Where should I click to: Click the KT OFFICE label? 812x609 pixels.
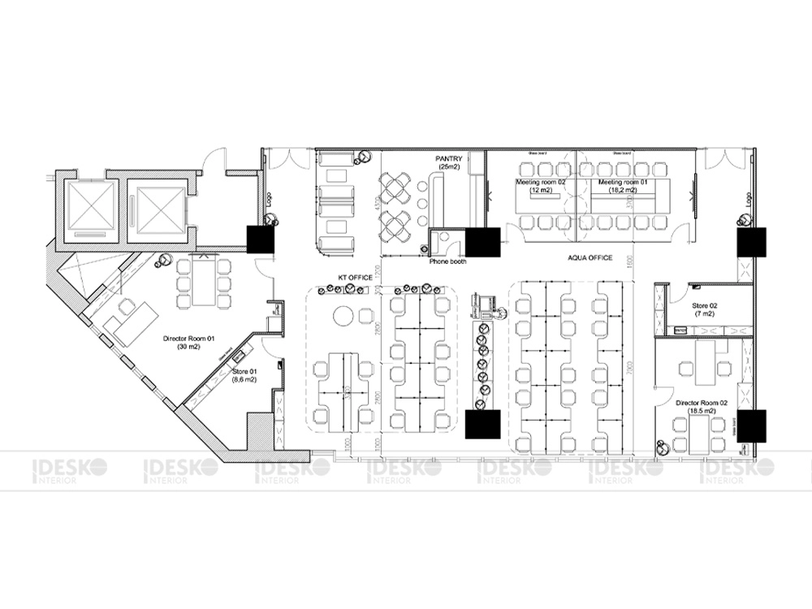click(355, 278)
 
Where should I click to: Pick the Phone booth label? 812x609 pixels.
click(446, 261)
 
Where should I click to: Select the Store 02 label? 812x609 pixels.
click(703, 309)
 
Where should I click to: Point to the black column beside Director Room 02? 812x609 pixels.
click(752, 425)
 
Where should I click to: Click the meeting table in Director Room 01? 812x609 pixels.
click(201, 281)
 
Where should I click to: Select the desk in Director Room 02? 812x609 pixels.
click(715, 358)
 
